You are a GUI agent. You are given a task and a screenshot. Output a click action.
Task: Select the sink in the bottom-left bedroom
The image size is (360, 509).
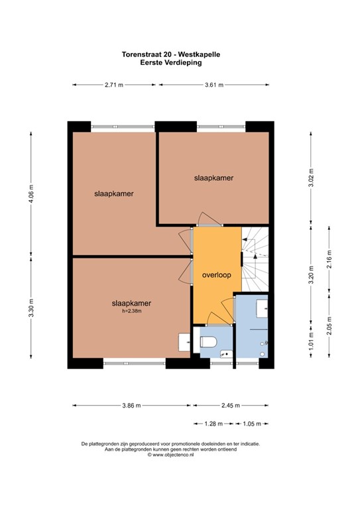[184, 342]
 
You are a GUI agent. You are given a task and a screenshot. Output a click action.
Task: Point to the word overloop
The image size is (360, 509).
[216, 275]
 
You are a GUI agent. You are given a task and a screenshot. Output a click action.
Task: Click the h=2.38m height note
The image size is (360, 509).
[131, 311]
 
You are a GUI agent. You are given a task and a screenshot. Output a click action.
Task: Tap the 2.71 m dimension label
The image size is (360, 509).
[114, 85]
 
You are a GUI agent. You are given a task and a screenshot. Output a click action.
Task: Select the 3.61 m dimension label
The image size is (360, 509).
[213, 85]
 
